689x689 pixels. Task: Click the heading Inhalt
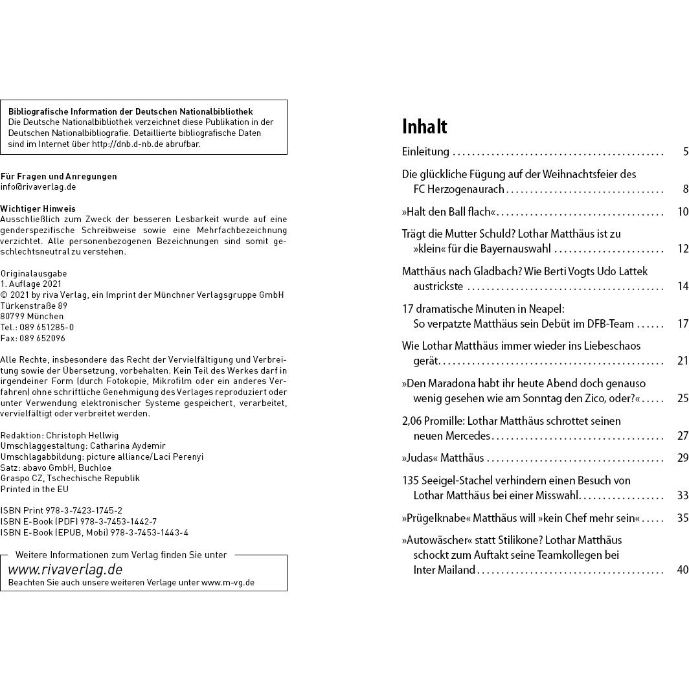[x=424, y=126]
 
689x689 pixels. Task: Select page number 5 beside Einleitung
[x=685, y=152]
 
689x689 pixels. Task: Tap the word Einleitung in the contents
[x=425, y=152]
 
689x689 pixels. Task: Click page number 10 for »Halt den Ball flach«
[x=683, y=212]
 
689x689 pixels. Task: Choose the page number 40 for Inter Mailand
[x=682, y=570]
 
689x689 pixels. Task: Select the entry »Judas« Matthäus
[x=443, y=458]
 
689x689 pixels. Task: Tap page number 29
[x=683, y=458]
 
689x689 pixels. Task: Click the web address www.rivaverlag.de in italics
[x=65, y=570]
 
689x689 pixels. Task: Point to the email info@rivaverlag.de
[x=38, y=186]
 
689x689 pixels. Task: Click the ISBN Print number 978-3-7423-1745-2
[x=84, y=510]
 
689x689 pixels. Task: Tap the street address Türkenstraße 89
[x=34, y=306]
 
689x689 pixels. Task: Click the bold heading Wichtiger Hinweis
[x=38, y=209]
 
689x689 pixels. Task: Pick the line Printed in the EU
[x=34, y=489]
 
